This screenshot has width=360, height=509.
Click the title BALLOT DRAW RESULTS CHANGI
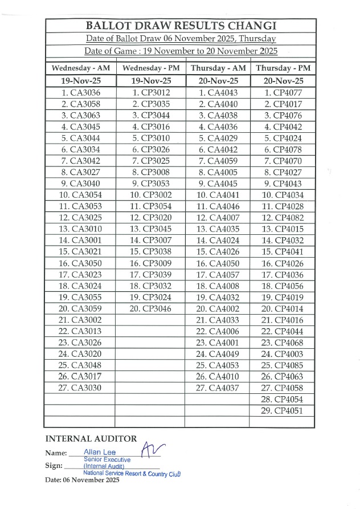pos(181,26)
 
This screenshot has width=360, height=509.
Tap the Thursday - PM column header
pos(283,68)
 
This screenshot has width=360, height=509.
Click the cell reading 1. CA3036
pos(80,92)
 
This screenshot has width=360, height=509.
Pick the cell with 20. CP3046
pos(150,308)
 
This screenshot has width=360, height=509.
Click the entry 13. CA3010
pos(80,229)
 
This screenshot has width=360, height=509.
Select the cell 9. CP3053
pos(150,184)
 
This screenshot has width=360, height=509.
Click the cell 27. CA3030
pos(80,388)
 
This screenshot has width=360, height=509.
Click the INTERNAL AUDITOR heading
pos(91,438)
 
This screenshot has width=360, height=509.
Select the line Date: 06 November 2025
pos(82,481)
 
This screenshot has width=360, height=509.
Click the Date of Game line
pos(181,51)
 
